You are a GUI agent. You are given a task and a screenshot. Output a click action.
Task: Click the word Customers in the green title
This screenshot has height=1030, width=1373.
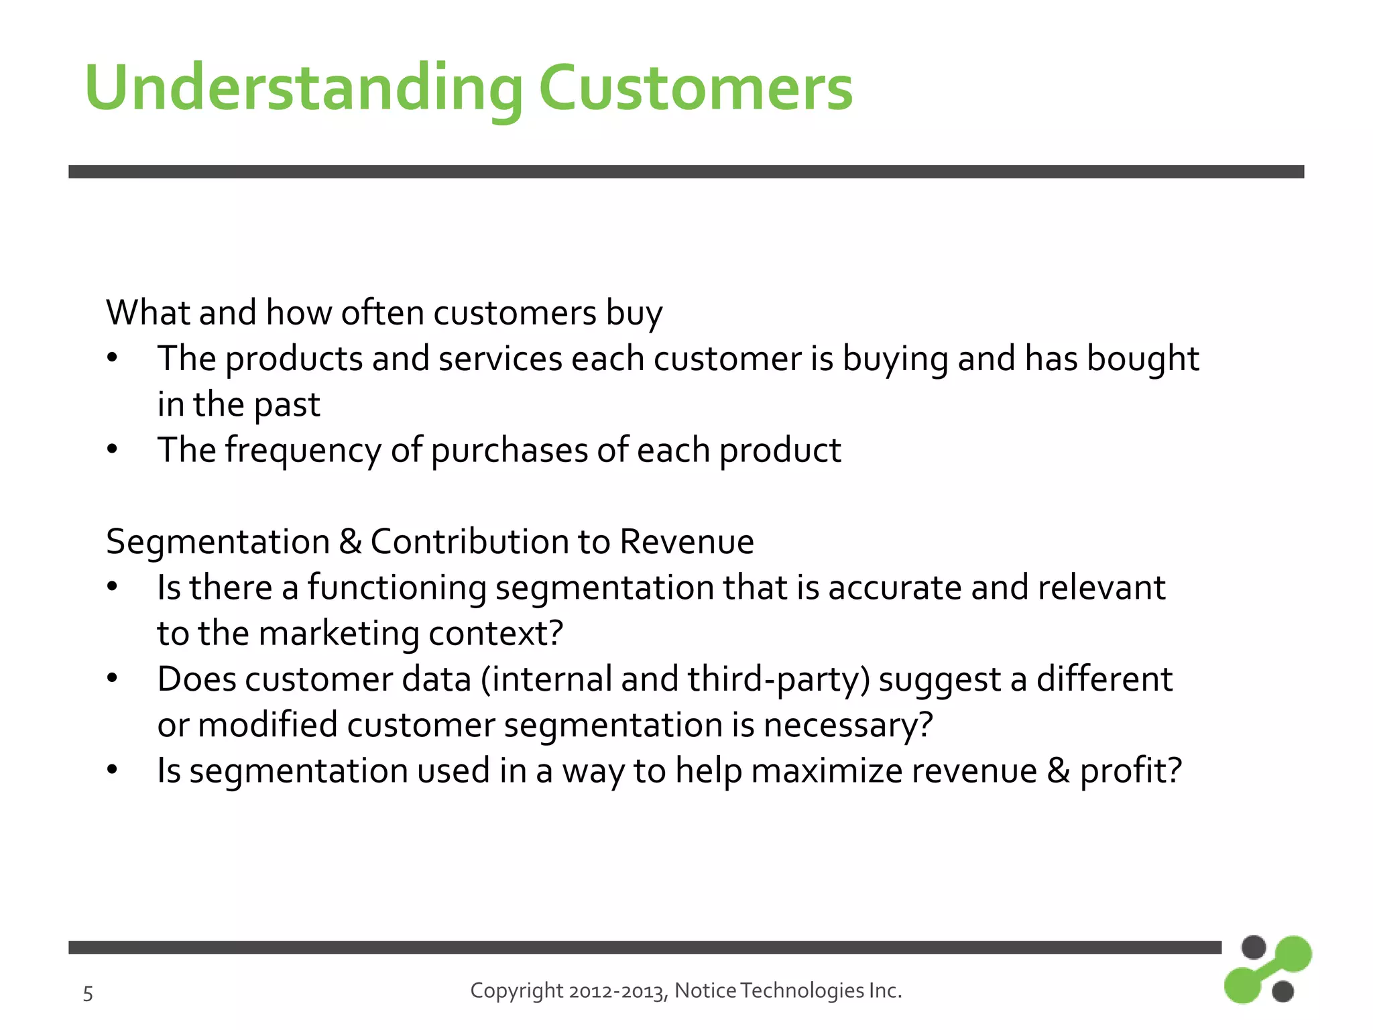(695, 88)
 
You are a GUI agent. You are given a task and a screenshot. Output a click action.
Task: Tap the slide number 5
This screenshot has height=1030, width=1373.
(88, 993)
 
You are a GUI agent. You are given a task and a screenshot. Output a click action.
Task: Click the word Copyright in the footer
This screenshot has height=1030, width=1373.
(516, 990)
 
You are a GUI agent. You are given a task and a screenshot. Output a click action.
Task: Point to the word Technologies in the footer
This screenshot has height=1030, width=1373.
(802, 991)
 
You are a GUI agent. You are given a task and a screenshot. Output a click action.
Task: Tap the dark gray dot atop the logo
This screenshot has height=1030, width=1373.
(1253, 948)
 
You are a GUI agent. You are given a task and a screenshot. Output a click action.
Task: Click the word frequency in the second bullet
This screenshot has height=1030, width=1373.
(303, 450)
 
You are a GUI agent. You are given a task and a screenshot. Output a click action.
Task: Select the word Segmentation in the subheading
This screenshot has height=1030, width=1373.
(218, 542)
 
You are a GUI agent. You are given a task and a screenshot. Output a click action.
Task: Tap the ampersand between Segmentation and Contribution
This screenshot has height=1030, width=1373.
(350, 542)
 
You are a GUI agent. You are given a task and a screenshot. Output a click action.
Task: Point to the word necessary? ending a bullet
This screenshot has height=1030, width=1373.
(847, 726)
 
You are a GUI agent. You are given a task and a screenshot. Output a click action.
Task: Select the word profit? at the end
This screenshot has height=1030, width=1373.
(1130, 770)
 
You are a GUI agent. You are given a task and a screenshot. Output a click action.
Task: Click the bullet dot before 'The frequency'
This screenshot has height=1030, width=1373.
(112, 449)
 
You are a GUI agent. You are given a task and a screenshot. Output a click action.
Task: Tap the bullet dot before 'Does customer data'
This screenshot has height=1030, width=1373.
(112, 679)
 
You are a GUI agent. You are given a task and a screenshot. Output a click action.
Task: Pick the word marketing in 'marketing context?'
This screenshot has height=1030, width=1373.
(339, 634)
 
